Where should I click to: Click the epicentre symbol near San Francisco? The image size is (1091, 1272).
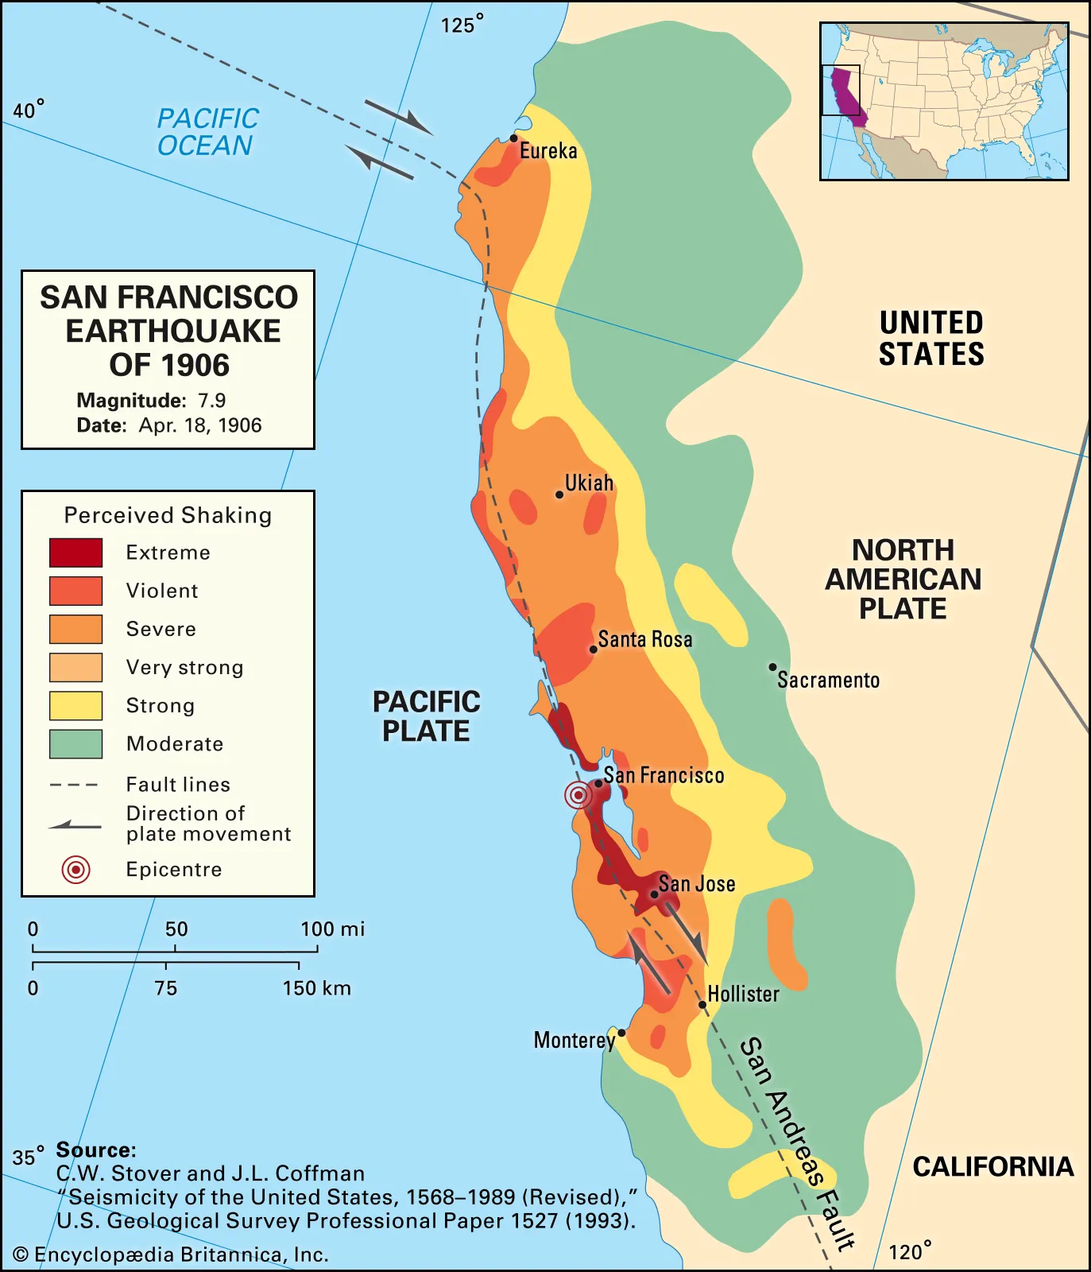click(x=578, y=794)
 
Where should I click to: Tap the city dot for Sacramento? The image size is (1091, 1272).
click(x=772, y=667)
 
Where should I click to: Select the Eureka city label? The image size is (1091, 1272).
click(x=548, y=151)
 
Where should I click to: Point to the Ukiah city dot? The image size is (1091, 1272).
click(x=559, y=494)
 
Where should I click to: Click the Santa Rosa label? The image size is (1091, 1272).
click(x=644, y=639)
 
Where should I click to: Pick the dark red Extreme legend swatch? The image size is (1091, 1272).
click(x=75, y=553)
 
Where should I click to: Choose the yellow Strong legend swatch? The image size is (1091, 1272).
click(x=75, y=705)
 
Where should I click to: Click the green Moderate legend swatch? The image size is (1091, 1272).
click(x=75, y=743)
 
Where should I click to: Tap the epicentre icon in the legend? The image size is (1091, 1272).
click(x=75, y=870)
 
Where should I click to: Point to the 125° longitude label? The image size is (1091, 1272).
click(x=461, y=25)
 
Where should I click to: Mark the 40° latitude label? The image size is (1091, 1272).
click(x=28, y=110)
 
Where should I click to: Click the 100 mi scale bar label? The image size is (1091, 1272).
click(x=332, y=929)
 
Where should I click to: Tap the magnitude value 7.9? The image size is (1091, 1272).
click(x=211, y=400)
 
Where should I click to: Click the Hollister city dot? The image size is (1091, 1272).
click(x=702, y=1005)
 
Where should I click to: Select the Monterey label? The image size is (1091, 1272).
click(x=574, y=1040)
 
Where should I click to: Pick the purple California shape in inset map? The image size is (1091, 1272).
click(x=845, y=91)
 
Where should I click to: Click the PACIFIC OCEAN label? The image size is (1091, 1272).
click(x=207, y=132)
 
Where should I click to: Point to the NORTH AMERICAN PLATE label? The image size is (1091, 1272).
click(x=903, y=579)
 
